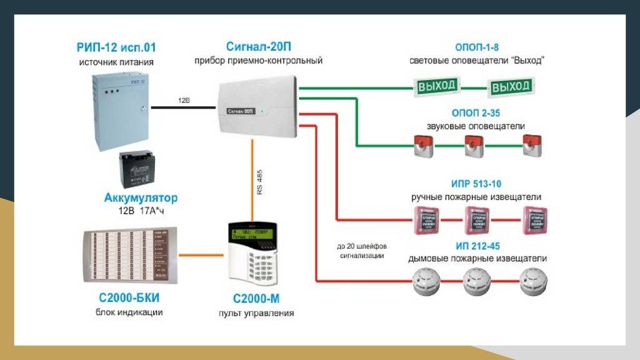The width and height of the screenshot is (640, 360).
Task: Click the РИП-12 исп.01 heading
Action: click(x=116, y=48)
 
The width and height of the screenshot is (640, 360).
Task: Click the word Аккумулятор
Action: click(x=141, y=198)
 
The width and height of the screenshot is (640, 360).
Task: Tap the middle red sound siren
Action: click(x=472, y=145)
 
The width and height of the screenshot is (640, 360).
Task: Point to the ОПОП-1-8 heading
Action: click(x=476, y=47)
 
